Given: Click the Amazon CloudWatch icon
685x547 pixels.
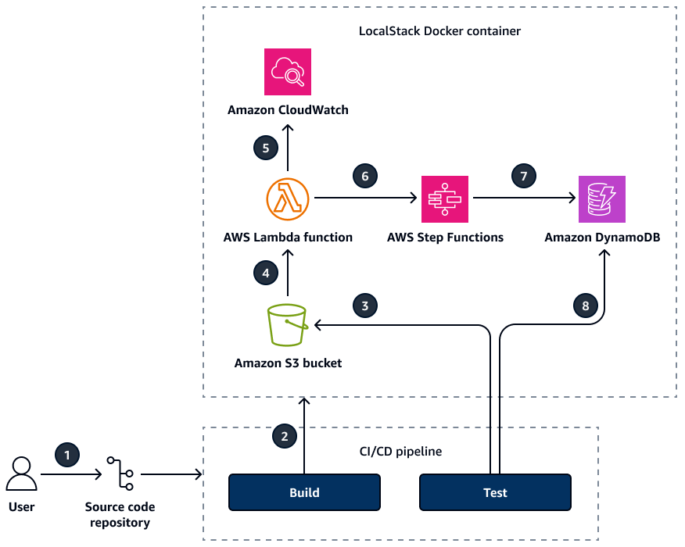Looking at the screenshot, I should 288,72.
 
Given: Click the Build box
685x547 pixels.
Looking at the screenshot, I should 304,492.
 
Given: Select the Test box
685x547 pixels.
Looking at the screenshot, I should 495,492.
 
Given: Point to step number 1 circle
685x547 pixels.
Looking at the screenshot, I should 67,454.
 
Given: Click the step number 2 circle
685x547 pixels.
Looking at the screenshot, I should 285,436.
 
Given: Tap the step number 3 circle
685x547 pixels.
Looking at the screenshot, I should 364,305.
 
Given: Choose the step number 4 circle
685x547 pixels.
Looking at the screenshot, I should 266,273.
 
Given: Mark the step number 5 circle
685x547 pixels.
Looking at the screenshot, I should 266,147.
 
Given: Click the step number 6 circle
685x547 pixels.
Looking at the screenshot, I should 364,176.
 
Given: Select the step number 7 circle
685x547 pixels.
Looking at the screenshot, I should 524,176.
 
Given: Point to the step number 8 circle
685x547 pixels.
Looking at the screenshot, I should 586,305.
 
